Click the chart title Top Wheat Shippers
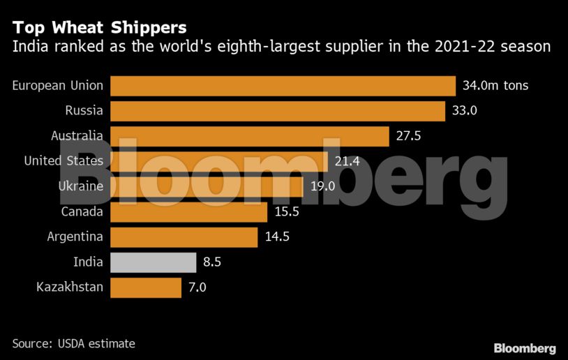99,28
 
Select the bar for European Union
283,86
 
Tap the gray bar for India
153,262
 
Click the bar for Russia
278,111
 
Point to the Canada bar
188,212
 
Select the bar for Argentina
184,237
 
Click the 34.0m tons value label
495,86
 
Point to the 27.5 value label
409,136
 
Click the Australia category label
77,136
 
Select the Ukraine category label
80,186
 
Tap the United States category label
63,161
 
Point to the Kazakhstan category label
70,287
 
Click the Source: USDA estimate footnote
73,344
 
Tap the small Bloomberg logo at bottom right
525,348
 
